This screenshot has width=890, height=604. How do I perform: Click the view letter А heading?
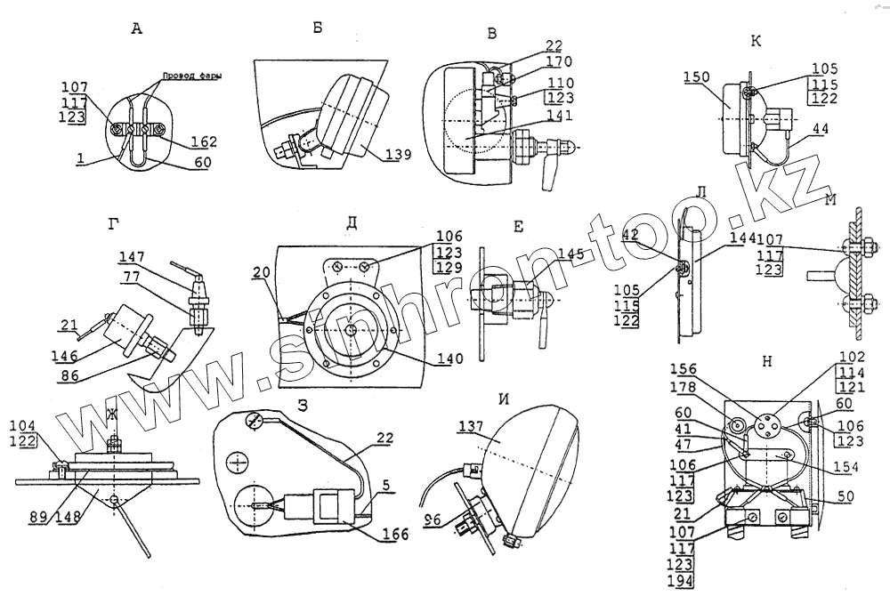[136, 29]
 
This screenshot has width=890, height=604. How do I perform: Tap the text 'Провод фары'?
[191, 77]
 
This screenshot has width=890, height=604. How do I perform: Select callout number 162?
[204, 142]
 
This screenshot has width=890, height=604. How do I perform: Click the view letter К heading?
[756, 41]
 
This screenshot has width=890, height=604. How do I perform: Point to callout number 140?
[450, 359]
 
